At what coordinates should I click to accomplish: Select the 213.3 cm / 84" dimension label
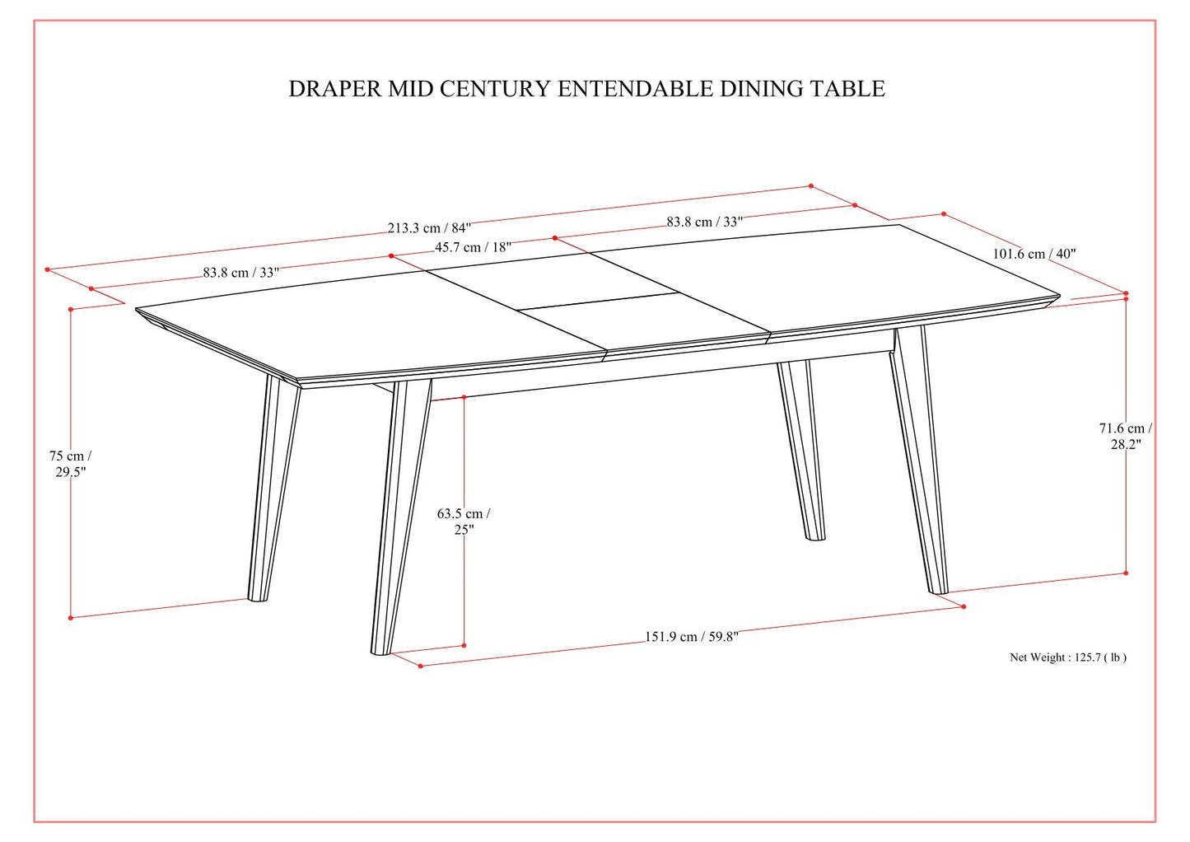coord(429,228)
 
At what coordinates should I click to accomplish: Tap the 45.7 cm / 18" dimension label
coord(473,247)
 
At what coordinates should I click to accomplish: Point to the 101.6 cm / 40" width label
coord(1034,254)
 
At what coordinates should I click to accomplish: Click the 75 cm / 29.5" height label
coord(70,464)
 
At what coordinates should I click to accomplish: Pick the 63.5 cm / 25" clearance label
coord(464,522)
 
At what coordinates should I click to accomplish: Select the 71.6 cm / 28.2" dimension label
coord(1125,436)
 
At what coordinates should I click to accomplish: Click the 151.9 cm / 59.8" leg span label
coord(691,637)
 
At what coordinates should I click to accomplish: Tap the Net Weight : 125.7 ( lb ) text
coord(1068,657)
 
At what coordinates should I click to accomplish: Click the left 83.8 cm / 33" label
coord(240,273)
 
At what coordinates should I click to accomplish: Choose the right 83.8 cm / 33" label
coord(704,222)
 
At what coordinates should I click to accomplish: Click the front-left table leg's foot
coord(380,648)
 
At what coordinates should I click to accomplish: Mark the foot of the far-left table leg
coord(258,596)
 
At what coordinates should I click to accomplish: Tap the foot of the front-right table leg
coord(938,588)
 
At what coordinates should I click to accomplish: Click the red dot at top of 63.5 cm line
coord(464,397)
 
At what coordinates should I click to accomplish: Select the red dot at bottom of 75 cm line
coord(71,617)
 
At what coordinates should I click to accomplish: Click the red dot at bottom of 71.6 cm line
coord(1126,573)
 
